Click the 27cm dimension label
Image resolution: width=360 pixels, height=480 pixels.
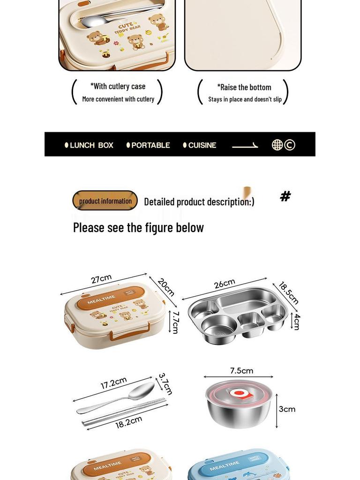click(x=101, y=279)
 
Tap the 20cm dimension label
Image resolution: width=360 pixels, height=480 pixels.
click(x=166, y=287)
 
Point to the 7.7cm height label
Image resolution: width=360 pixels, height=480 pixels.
click(x=175, y=322)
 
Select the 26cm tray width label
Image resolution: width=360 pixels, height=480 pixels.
click(x=225, y=284)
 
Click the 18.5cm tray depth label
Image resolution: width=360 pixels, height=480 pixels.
click(x=289, y=293)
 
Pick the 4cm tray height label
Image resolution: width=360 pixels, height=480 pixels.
click(x=297, y=322)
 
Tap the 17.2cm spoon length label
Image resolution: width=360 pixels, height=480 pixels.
click(x=113, y=383)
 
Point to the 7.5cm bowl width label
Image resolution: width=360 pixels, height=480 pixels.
click(x=241, y=371)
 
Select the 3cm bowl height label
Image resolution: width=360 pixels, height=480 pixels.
click(x=287, y=409)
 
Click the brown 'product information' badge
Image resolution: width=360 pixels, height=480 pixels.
click(x=105, y=201)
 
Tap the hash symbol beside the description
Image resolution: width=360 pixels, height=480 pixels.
click(x=285, y=196)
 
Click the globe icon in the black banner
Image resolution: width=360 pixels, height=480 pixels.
click(x=277, y=145)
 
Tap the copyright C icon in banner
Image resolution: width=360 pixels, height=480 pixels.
click(x=290, y=145)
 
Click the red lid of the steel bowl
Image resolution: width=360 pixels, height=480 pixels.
click(x=239, y=392)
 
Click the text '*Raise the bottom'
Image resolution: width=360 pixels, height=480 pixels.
click(x=244, y=87)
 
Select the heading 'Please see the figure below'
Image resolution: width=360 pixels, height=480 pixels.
click(x=138, y=227)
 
